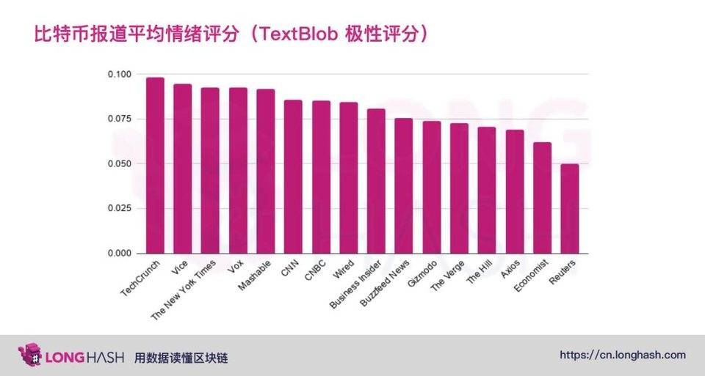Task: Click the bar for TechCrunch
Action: (155, 166)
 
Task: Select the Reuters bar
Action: (570, 209)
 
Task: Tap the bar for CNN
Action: (293, 177)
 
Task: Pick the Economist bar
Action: (542, 198)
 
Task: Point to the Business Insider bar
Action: (376, 181)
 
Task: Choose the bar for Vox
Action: (238, 171)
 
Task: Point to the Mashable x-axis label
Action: (255, 276)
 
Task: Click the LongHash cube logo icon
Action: (30, 355)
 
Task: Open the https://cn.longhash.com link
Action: (623, 355)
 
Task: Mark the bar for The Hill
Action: (487, 191)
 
